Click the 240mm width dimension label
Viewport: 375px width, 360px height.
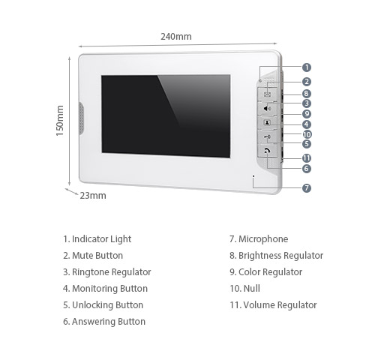pyautogui.click(x=176, y=37)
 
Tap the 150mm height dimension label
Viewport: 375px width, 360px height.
pyautogui.click(x=60, y=121)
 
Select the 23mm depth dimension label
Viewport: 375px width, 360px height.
pyautogui.click(x=93, y=195)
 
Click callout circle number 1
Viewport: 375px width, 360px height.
pyautogui.click(x=307, y=67)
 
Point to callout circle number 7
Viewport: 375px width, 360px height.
pyautogui.click(x=307, y=188)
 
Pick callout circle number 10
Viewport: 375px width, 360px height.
pyautogui.click(x=307, y=134)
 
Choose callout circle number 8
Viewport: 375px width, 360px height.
pyautogui.click(x=307, y=94)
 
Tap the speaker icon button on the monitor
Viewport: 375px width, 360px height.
pyautogui.click(x=267, y=108)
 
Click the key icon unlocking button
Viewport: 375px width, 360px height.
pyautogui.click(x=267, y=136)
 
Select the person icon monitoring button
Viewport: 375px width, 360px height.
pyautogui.click(x=267, y=122)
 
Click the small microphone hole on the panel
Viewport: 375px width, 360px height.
pyautogui.click(x=253, y=176)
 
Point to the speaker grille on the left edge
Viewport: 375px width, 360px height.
pyautogui.click(x=80, y=118)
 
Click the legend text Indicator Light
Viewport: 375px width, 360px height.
pyautogui.click(x=101, y=239)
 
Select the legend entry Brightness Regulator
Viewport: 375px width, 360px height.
pyautogui.click(x=280, y=256)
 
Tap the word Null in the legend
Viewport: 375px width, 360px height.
pyautogui.click(x=251, y=289)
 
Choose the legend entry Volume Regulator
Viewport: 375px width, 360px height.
pyautogui.click(x=280, y=305)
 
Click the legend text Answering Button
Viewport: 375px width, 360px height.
pyautogui.click(x=109, y=322)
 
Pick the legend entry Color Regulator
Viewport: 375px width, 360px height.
pyautogui.click(x=270, y=272)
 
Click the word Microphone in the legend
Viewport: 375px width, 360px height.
pyautogui.click(x=263, y=239)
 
